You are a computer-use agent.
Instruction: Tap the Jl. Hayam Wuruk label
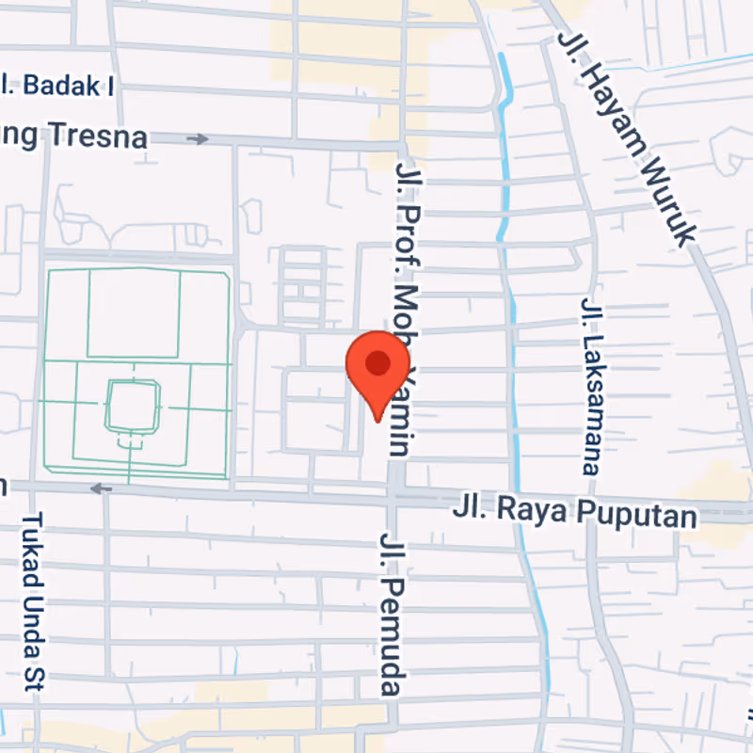[626, 136]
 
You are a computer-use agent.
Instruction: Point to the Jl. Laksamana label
[590, 386]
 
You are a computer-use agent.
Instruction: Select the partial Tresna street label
[75, 136]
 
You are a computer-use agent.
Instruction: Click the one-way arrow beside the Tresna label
[197, 139]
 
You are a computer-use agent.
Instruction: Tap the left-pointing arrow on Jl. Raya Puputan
[101, 489]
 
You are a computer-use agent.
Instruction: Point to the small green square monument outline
[133, 407]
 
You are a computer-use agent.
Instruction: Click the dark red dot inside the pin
[377, 362]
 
